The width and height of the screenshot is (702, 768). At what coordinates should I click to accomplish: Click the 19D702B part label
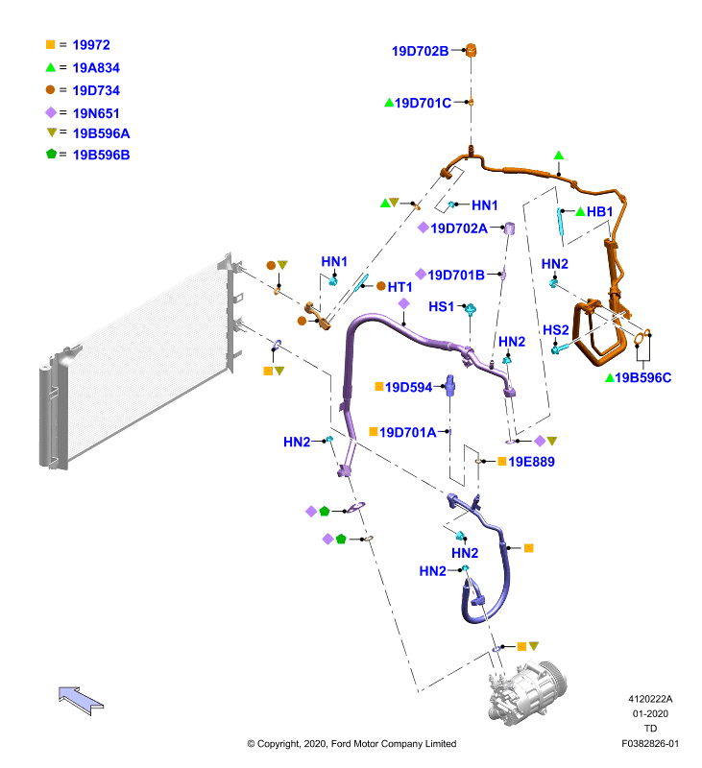(420, 51)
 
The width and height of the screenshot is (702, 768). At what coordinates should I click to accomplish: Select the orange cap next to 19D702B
(471, 50)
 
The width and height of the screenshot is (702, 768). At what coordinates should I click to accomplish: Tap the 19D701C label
(423, 103)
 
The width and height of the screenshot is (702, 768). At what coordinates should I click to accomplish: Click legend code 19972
(91, 45)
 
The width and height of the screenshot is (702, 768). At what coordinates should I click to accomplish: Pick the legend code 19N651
(96, 113)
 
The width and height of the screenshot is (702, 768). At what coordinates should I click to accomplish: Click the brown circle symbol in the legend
(51, 89)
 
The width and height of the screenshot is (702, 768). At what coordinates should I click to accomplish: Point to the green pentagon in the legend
(52, 154)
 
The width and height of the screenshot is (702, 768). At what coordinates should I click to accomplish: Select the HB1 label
(600, 211)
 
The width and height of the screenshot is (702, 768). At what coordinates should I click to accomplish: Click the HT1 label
(399, 287)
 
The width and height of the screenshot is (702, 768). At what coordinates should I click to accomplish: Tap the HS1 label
(442, 306)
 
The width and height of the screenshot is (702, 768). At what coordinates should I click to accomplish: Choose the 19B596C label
(643, 377)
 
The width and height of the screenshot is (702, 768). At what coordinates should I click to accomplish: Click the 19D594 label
(408, 388)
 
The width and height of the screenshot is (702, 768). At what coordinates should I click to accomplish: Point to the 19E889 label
(531, 462)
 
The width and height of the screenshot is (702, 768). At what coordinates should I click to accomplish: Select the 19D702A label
(459, 228)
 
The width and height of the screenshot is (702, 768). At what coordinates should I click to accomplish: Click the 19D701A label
(407, 433)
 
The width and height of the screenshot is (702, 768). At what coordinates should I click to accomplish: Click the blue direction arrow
(81, 701)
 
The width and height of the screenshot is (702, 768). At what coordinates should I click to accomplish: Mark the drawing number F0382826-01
(650, 743)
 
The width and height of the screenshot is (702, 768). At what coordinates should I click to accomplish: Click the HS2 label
(556, 330)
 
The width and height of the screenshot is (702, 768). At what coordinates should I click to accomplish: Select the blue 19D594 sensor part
(449, 385)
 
